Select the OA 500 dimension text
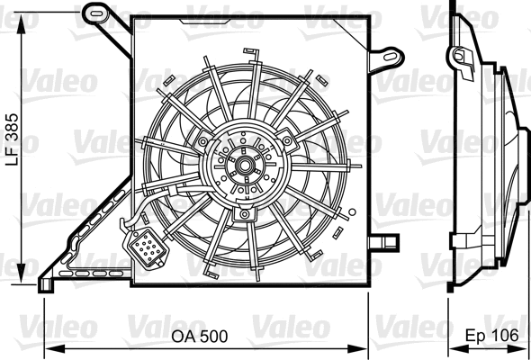click(x=200, y=336)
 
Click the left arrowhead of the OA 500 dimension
click(x=48, y=348)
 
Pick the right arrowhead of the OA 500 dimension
click(x=366, y=348)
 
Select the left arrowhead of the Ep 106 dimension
click(x=453, y=348)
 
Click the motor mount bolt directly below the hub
click(x=244, y=215)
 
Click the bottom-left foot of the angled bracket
click(x=42, y=286)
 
